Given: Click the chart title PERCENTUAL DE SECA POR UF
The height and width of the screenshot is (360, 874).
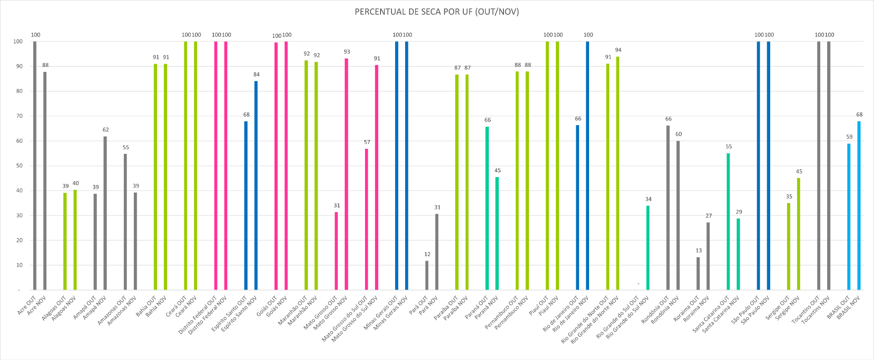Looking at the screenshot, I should coord(437,12).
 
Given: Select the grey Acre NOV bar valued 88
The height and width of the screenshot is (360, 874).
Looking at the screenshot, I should coord(45,182).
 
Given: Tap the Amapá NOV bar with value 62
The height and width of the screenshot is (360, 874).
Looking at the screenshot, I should coord(105,214).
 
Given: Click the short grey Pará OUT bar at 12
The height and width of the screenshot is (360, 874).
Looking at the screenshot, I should coord(427,275).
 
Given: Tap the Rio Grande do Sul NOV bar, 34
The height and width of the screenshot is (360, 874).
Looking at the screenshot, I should coord(648,248).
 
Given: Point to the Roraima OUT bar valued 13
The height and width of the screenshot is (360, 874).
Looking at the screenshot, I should coord(698,274).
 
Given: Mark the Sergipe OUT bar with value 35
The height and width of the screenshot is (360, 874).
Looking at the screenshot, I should coord(788,246).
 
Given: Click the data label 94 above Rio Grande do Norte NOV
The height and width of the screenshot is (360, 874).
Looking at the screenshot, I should coord(618,50).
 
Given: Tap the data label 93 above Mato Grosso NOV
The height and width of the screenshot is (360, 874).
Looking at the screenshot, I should coord(347,52).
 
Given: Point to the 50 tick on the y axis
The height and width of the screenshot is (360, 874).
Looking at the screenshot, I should coord(19,166).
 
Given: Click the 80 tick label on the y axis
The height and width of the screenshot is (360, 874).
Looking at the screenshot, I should coord(19,91).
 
